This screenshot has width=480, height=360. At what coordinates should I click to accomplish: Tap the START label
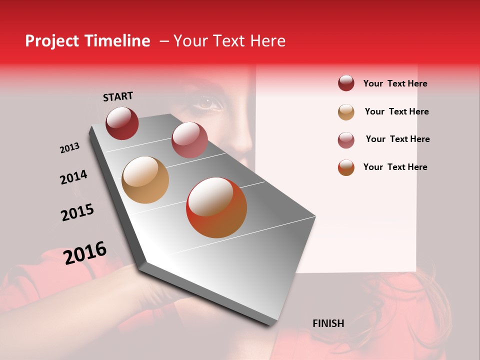click(118, 96)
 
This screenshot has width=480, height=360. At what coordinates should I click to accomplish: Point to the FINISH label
click(328, 323)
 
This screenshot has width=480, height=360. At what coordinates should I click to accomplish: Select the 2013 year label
click(69, 148)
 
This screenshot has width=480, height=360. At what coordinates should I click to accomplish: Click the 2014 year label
click(73, 177)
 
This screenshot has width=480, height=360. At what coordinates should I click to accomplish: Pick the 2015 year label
click(77, 212)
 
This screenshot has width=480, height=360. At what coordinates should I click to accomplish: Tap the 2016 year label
click(85, 252)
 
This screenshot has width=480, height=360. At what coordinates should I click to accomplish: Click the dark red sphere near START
click(122, 123)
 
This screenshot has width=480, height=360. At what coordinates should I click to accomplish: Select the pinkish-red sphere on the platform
click(189, 140)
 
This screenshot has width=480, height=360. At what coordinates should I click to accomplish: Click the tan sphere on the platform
click(145, 180)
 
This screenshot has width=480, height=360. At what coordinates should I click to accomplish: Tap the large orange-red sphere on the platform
click(216, 207)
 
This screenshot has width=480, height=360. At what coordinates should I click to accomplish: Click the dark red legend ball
click(346, 83)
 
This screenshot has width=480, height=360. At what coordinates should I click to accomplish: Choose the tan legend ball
click(346, 112)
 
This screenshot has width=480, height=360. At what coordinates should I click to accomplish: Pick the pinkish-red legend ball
click(346, 140)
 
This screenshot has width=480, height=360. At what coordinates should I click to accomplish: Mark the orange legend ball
click(346, 167)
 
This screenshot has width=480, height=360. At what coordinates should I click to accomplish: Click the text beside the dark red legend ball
click(395, 83)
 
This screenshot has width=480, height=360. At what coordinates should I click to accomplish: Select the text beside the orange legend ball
click(395, 167)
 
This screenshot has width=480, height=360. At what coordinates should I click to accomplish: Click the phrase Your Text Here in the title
click(229, 41)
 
